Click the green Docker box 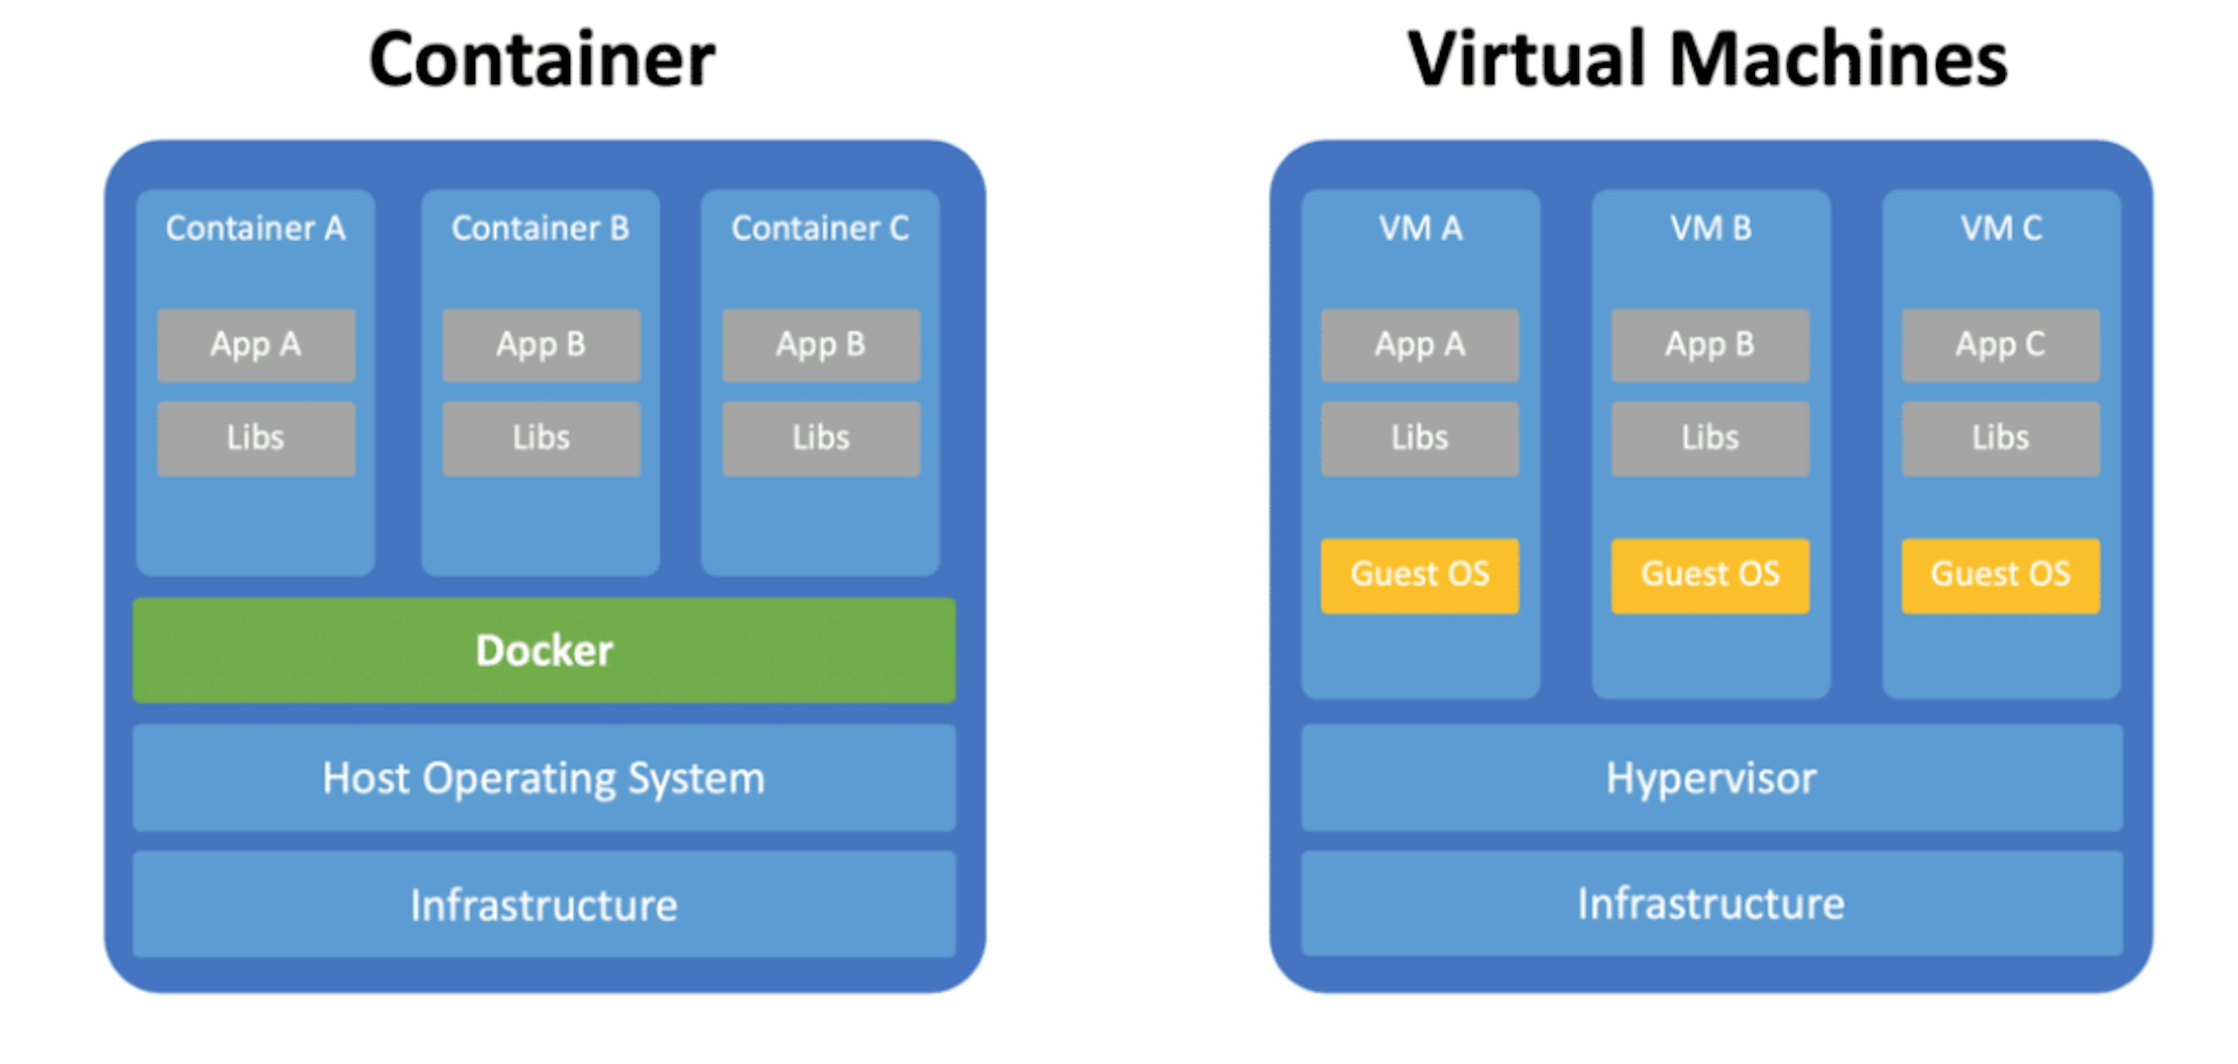544,650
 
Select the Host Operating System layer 544,778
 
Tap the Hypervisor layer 1711,778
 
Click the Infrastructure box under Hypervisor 1711,904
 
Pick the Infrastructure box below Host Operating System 544,905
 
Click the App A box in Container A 256,345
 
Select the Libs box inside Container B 541,438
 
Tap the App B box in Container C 821,345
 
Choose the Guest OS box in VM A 1420,575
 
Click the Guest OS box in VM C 2000,575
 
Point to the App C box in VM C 2000,345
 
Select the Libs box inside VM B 1710,438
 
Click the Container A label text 255,229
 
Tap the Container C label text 820,229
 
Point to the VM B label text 1711,229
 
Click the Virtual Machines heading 1707,59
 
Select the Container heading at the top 542,59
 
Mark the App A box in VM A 1420,345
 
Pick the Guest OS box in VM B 1710,575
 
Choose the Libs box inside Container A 256,438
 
